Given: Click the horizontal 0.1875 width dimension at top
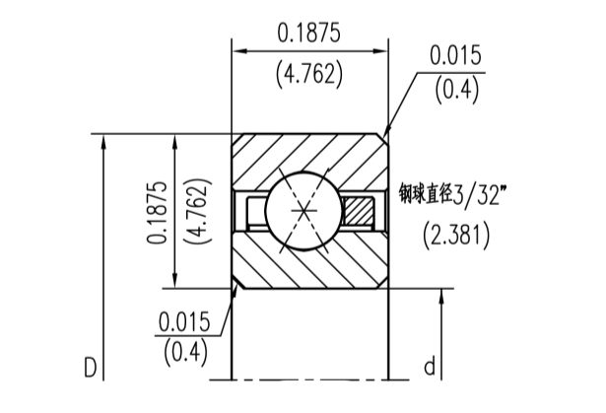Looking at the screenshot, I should point(308,33).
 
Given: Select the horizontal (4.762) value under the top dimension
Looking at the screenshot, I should point(308,76).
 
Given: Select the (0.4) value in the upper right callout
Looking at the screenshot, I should point(455,92).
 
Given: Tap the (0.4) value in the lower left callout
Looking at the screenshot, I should point(184,350).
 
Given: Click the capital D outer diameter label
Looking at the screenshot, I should point(91,368).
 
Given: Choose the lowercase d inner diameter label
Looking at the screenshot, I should point(430,368).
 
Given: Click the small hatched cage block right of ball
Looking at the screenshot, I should point(358,211).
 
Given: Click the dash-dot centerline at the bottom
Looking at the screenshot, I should point(310,379).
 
